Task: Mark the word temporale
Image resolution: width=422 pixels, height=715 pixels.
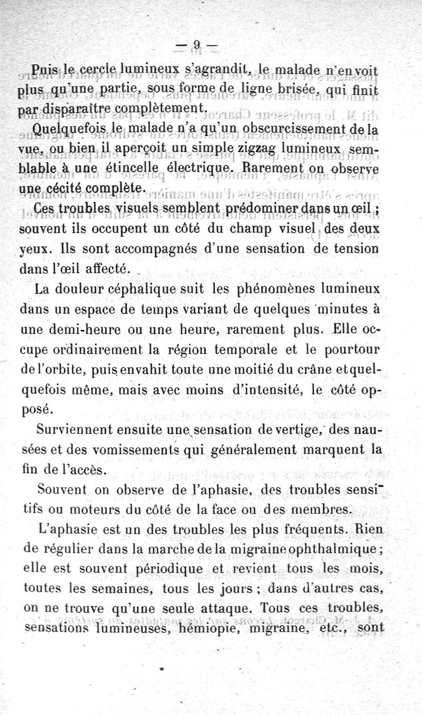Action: [x=247, y=350]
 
